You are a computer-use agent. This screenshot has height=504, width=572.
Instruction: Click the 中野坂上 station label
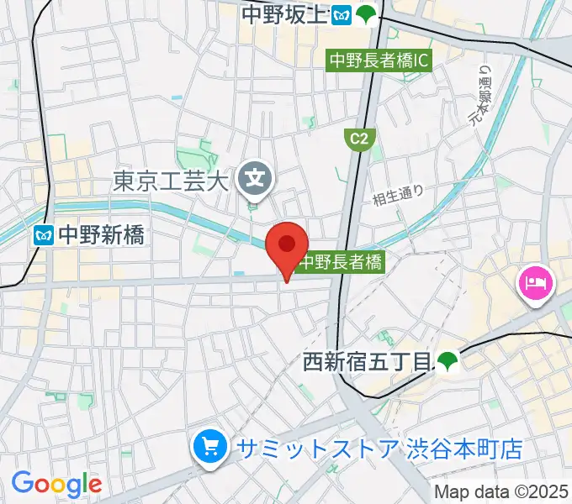283,14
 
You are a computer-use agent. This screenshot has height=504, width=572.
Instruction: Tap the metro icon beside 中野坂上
341,14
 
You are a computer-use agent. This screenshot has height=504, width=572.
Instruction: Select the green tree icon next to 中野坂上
366,14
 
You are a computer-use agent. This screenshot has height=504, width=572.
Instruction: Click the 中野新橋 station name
101,235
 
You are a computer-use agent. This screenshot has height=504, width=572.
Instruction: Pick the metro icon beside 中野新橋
42,235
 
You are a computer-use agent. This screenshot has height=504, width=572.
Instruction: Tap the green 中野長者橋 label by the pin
341,262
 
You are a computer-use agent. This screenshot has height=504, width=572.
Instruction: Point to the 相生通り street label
398,196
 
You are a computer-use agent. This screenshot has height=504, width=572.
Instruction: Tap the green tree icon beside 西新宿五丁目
447,362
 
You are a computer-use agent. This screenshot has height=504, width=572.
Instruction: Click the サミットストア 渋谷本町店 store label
379,449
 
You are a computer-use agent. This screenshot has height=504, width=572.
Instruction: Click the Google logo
56,484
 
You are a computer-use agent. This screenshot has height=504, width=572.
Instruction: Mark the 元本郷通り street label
485,93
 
